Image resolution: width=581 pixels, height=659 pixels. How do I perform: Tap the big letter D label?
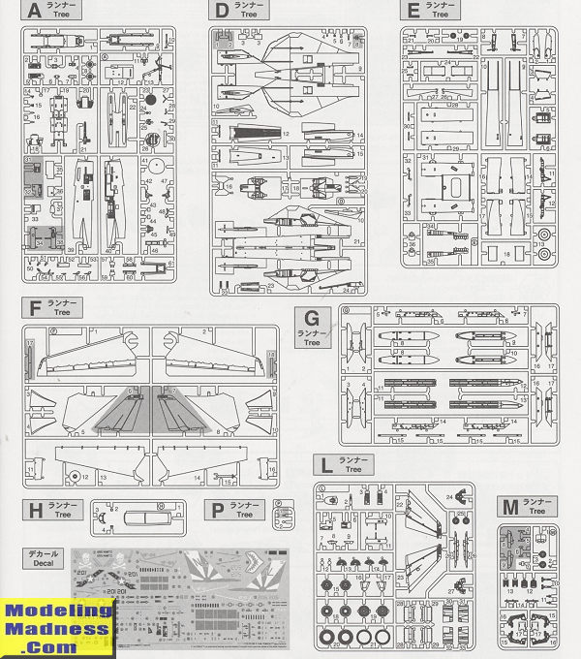point(222,11)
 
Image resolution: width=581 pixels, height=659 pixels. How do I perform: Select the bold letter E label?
point(413,11)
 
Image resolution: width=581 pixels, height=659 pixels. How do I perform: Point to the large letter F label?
point(36,308)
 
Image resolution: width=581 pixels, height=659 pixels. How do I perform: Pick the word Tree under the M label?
point(536,511)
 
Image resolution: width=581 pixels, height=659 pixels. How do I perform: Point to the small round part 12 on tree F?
point(75,476)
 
